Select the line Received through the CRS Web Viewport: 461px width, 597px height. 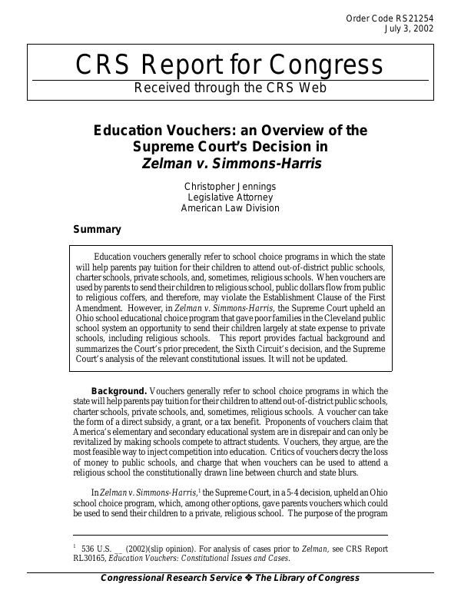pos(230,88)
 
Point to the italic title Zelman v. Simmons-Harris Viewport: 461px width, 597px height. pos(230,163)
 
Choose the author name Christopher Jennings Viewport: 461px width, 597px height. pos(230,187)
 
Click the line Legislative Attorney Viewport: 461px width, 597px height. pos(230,197)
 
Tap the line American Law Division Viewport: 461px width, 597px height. pos(230,208)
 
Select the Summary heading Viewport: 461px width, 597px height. pos(97,229)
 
